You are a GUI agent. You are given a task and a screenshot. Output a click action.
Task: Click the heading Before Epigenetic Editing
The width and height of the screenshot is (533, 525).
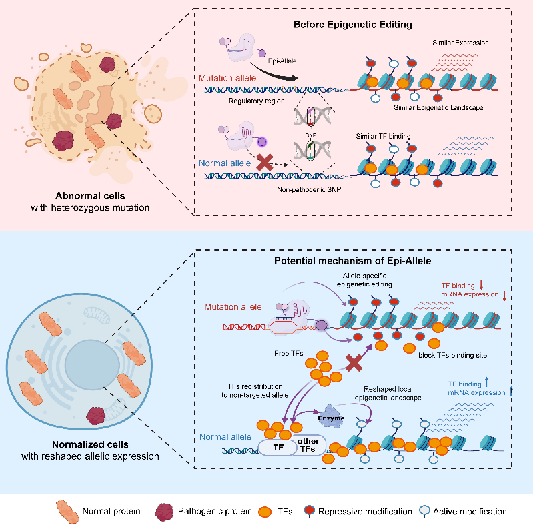352,25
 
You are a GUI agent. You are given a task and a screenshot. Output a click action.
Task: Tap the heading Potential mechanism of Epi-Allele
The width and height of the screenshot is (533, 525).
352,261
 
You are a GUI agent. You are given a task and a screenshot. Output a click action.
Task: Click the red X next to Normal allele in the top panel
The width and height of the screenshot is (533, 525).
265,162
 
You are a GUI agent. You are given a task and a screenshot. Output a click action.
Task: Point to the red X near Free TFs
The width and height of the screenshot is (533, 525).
354,362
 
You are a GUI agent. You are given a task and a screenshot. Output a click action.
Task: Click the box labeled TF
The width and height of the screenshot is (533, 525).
278,447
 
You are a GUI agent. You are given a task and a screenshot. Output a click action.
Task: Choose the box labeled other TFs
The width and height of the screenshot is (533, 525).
308,445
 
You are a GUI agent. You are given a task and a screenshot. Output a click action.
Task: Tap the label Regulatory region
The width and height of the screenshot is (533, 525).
257,101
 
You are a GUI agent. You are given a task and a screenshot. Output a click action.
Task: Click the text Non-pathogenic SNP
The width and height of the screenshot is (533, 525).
309,189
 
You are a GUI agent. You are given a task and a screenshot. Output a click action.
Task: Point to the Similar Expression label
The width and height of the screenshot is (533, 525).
460,43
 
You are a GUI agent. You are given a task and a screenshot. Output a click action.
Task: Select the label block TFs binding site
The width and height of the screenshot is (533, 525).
452,355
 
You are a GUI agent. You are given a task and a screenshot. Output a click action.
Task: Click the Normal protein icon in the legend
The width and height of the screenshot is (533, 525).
67,512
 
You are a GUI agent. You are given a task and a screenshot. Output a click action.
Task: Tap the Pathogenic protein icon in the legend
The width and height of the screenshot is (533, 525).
164,512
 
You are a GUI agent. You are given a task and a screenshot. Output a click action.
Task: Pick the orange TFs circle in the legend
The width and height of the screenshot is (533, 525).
265,512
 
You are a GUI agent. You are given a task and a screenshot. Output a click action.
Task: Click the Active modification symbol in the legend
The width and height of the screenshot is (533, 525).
424,511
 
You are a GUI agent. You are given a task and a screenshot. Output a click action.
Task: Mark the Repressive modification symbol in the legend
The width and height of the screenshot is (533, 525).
310,511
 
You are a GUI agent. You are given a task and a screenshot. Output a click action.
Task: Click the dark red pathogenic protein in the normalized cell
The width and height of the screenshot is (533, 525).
96,416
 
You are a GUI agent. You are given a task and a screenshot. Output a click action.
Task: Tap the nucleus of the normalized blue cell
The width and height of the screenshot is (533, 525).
92,364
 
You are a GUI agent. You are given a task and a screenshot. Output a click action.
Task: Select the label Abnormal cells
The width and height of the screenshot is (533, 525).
90,196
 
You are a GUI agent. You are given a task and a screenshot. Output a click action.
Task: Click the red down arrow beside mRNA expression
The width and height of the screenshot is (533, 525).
504,295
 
